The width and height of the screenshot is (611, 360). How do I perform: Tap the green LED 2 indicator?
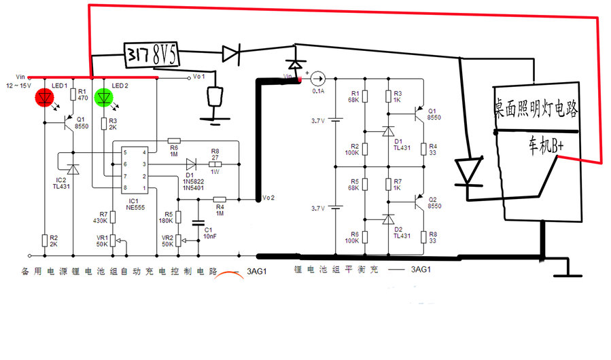(x=103, y=97)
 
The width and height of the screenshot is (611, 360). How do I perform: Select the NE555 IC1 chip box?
(x=135, y=169)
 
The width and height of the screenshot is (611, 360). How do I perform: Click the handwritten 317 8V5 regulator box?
(x=152, y=54)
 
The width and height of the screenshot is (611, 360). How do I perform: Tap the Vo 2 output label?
(x=268, y=198)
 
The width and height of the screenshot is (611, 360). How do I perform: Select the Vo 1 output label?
(x=198, y=77)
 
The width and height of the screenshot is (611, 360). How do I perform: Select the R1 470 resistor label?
(x=82, y=94)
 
